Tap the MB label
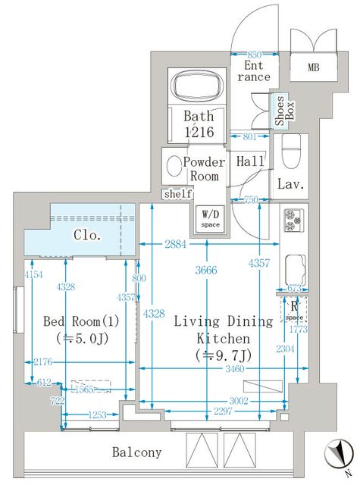click(314, 67)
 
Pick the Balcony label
click(137, 452)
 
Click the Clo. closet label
click(88, 235)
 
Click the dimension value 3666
click(204, 271)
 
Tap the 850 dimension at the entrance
click(255, 55)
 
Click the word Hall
click(250, 161)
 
